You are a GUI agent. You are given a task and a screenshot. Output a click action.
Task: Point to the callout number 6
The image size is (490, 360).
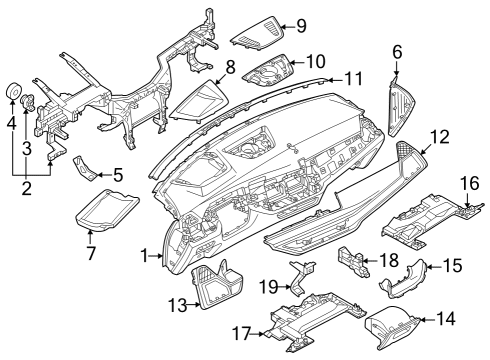(397, 51)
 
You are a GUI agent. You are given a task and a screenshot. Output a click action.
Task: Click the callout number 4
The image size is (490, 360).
(11, 124)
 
